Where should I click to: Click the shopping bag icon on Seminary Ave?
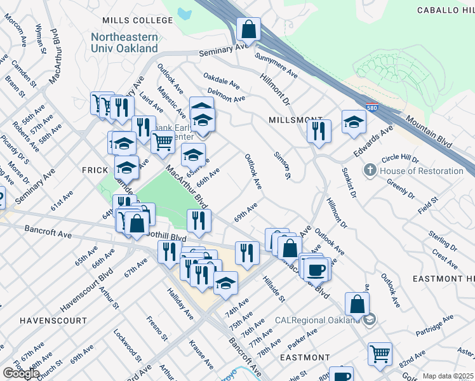click(x=248, y=29)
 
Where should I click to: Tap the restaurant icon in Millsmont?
click(x=319, y=131)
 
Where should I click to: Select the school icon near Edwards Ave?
click(x=354, y=123)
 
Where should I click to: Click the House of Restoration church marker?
click(x=370, y=171)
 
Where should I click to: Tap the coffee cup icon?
click(x=316, y=270)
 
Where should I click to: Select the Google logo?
click(x=21, y=373)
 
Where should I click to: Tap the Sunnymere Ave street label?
click(x=276, y=65)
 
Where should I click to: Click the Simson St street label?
click(x=282, y=164)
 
